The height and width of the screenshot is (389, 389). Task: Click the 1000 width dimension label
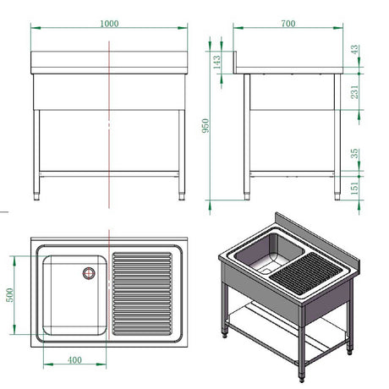[x=109, y=24]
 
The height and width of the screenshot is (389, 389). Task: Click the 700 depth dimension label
[x=288, y=24]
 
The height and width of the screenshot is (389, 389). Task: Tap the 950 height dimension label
[x=205, y=126]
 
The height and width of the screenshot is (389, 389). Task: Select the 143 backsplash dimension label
[x=216, y=62]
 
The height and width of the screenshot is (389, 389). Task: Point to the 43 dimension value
[x=354, y=50]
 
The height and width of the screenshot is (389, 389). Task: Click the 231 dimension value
[x=354, y=92]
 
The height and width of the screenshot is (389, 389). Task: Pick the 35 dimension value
[x=354, y=153]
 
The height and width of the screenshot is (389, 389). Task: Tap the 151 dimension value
[x=354, y=188]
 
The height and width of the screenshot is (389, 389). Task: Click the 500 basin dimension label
[x=10, y=295]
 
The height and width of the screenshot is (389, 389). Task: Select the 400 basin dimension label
[x=74, y=360]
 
